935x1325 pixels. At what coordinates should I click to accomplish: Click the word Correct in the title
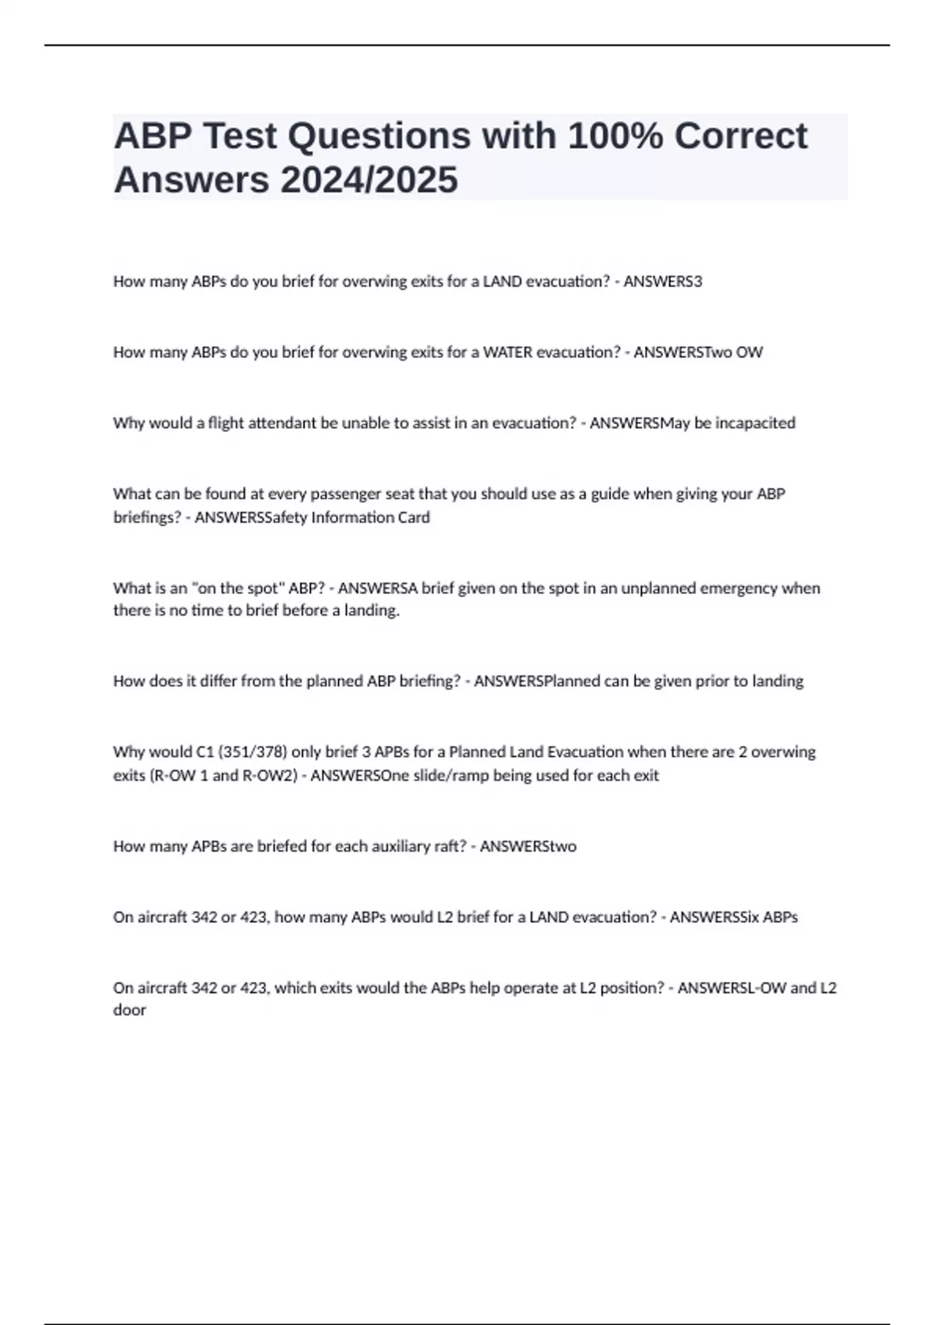(740, 136)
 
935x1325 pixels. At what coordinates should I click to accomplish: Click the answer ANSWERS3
(662, 281)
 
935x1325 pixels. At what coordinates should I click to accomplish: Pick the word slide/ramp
(451, 776)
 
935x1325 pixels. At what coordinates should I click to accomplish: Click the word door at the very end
(129, 1010)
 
